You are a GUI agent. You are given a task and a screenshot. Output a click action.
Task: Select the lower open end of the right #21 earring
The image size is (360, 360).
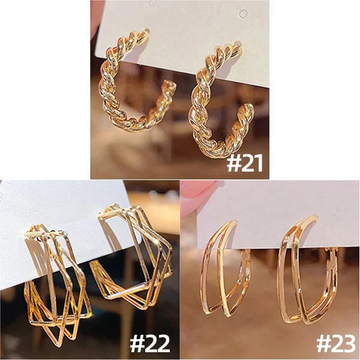pos(248,108)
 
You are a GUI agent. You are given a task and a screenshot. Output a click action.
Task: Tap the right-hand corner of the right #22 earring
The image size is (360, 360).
pos(171,248)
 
